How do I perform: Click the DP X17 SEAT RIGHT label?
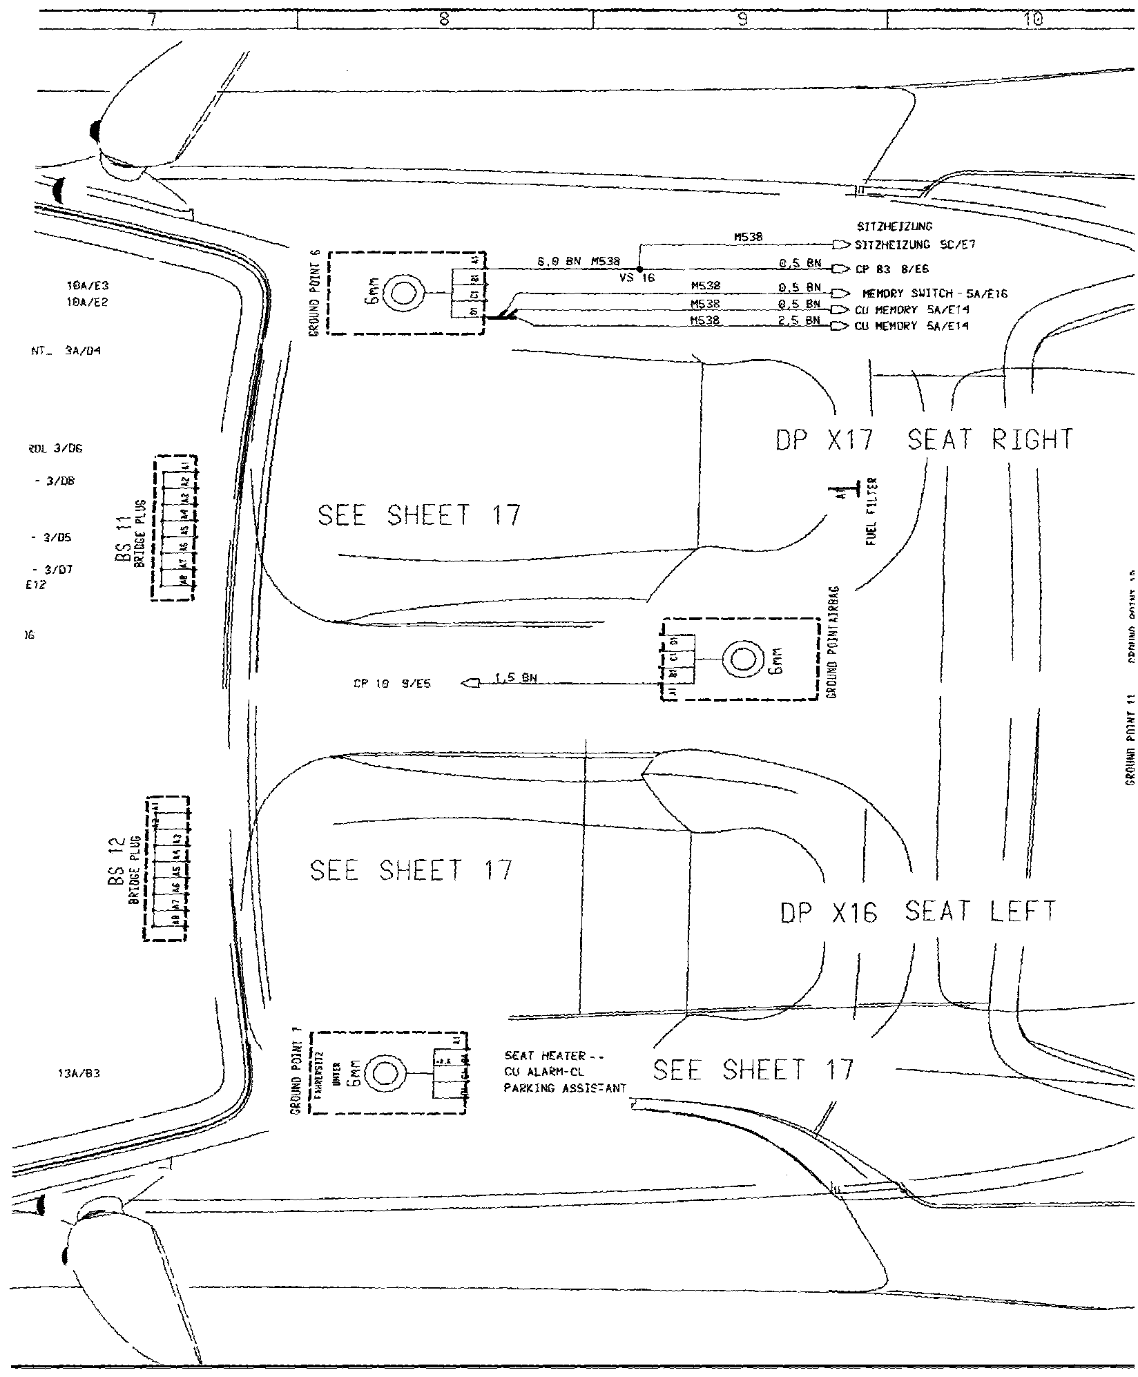coord(924,440)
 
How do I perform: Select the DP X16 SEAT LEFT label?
coord(918,912)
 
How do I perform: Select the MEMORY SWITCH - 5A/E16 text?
coord(935,294)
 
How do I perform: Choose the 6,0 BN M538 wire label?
coord(579,262)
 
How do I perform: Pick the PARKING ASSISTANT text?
coord(565,1107)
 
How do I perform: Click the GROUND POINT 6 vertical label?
coord(316,294)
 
